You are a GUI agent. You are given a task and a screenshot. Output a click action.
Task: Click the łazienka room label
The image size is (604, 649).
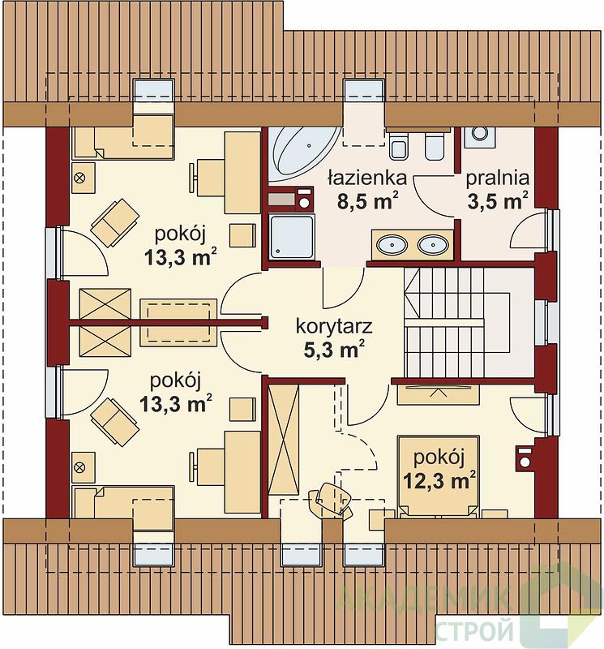click(x=367, y=178)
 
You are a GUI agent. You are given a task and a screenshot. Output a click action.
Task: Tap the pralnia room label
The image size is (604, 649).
click(x=498, y=178)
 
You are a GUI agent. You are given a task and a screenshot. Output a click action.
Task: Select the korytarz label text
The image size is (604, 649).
click(x=334, y=326)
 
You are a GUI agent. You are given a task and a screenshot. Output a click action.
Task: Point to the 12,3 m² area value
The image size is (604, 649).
click(x=439, y=480)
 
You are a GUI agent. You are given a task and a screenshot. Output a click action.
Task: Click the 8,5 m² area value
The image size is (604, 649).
click(x=368, y=201)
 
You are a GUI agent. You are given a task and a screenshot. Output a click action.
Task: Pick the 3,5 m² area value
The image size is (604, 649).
click(x=498, y=201)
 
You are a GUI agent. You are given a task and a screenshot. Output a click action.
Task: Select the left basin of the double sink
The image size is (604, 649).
click(x=392, y=245)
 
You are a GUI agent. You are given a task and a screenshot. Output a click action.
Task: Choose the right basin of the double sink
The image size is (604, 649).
click(x=433, y=245)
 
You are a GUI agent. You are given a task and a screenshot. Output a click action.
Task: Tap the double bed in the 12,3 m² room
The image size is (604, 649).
click(x=439, y=476)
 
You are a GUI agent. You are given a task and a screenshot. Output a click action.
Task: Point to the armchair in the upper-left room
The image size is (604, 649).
click(x=115, y=222)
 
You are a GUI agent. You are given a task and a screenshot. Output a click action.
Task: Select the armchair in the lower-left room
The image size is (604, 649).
click(x=114, y=422)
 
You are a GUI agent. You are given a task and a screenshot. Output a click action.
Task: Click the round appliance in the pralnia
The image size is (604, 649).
click(x=480, y=133)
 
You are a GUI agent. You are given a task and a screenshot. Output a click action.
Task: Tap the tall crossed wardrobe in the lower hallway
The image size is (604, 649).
click(x=284, y=439)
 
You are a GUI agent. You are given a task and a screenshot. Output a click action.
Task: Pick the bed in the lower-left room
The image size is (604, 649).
click(x=123, y=502)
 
